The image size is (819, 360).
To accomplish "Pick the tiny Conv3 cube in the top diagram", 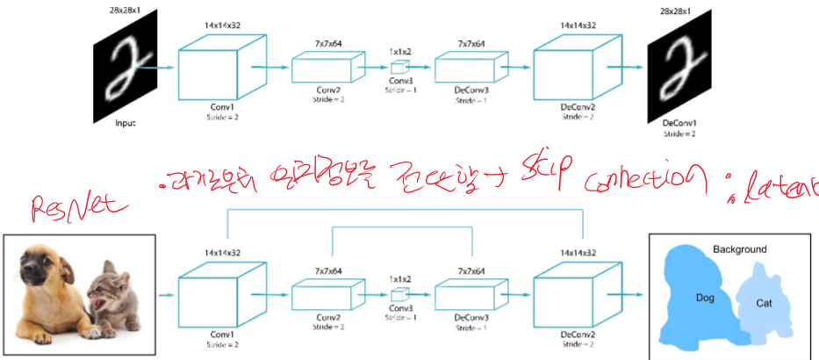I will coord(399,67).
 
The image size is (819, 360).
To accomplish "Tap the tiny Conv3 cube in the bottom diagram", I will coord(399,293).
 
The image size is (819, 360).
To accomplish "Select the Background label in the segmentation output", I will coord(739,249).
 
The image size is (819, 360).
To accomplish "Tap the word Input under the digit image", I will coord(126,123).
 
